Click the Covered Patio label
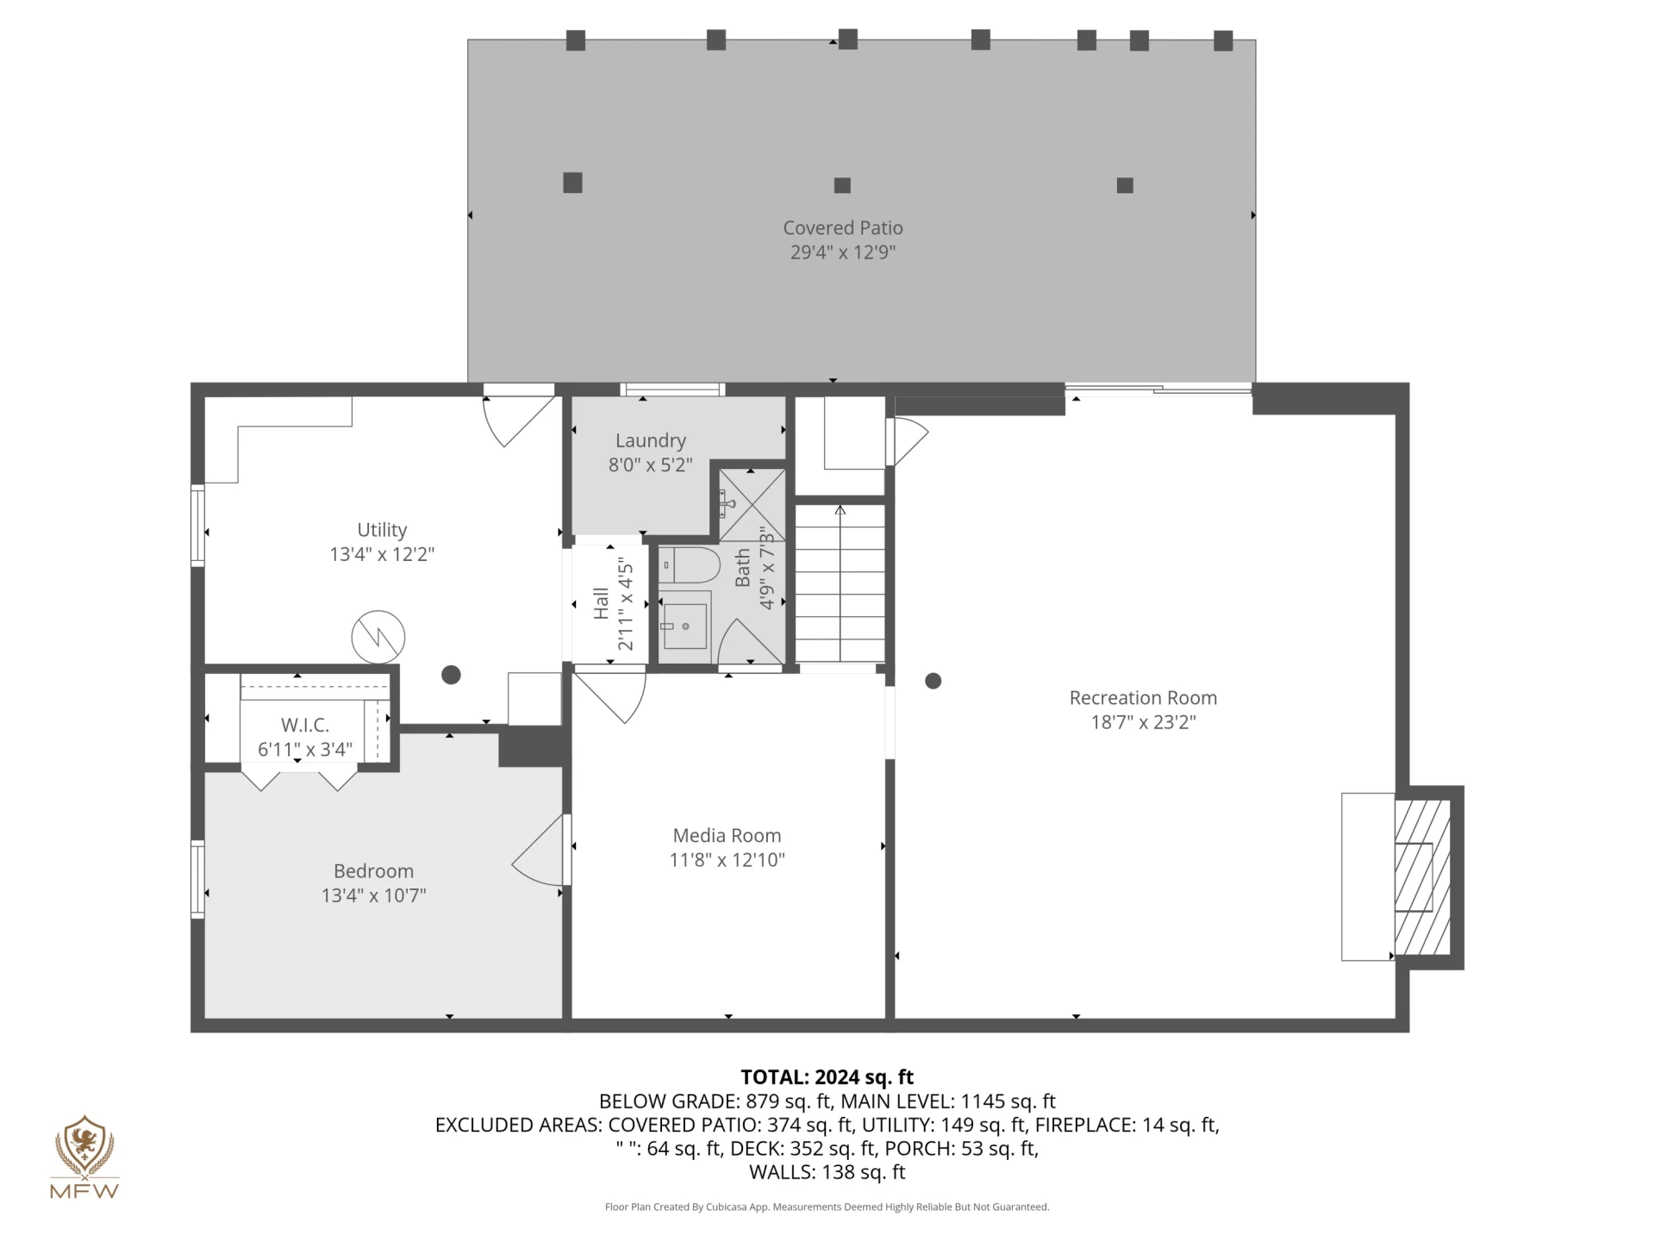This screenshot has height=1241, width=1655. click(x=842, y=228)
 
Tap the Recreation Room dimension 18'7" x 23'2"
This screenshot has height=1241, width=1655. click(x=1143, y=722)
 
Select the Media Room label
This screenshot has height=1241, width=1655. click(x=727, y=835)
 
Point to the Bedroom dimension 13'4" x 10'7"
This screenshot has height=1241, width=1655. click(x=373, y=895)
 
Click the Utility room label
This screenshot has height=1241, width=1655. click(x=382, y=530)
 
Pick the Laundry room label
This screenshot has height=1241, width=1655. click(x=651, y=440)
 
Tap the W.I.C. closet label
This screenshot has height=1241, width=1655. click(x=305, y=725)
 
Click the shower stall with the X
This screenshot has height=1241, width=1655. click(x=752, y=505)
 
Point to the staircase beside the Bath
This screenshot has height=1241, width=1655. click(x=840, y=583)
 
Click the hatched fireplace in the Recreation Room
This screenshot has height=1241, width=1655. click(x=1422, y=877)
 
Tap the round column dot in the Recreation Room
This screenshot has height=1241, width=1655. click(x=933, y=681)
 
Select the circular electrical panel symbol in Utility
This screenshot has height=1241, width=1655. click(x=378, y=637)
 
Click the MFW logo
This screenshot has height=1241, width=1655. click(x=84, y=1157)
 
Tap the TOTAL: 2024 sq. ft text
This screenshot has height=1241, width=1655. click(x=827, y=1077)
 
